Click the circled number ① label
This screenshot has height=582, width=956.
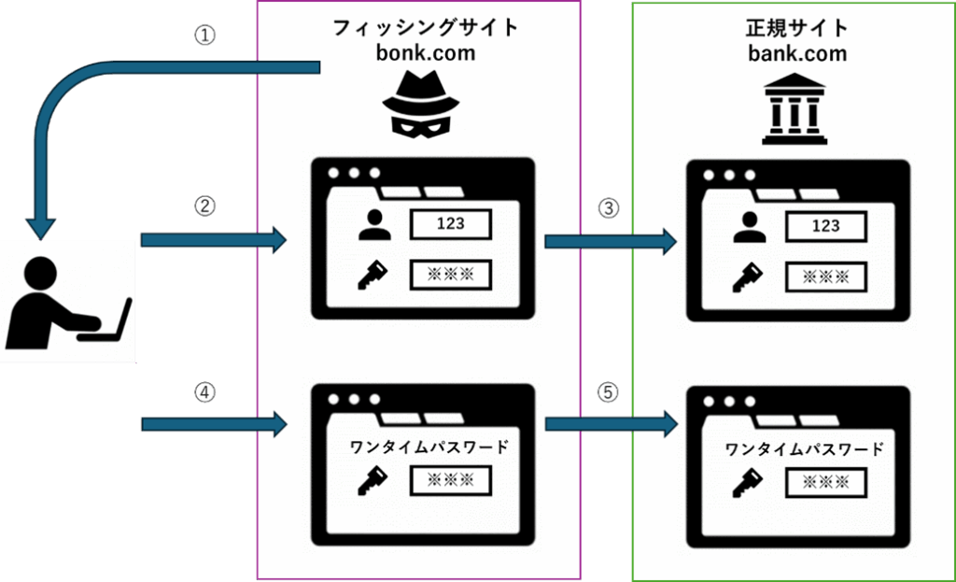pos(204,35)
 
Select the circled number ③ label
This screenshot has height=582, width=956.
pos(609,208)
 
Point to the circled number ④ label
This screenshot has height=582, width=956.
pos(204,393)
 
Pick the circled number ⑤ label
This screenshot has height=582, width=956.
pos(609,393)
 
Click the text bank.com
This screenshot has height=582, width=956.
pos(797,52)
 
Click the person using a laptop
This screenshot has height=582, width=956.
pos(67,302)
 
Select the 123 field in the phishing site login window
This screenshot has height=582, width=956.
pos(451,224)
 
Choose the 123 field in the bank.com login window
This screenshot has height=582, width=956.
pos(826,226)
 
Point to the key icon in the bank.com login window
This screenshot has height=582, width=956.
pos(749,277)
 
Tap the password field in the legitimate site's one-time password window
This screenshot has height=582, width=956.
pos(826,482)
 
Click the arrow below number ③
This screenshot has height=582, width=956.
pos(609,243)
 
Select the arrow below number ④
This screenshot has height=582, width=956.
pos(213,425)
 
